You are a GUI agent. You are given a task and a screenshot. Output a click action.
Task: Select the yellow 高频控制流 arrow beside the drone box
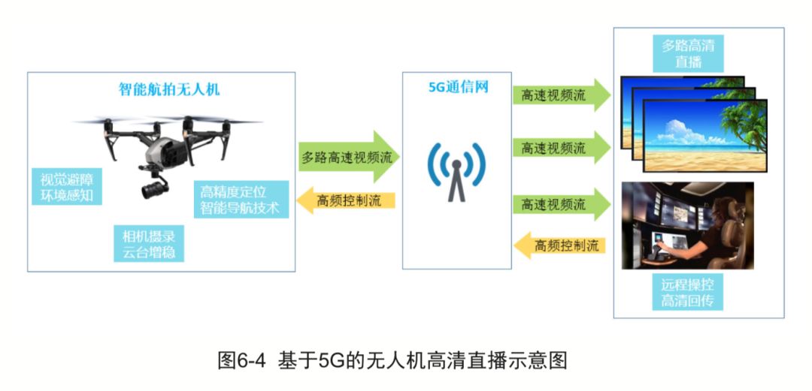click(x=346, y=200)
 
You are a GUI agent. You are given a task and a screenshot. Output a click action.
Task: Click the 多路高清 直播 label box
click(x=688, y=53)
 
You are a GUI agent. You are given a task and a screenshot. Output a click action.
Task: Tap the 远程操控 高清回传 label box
click(x=688, y=293)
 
